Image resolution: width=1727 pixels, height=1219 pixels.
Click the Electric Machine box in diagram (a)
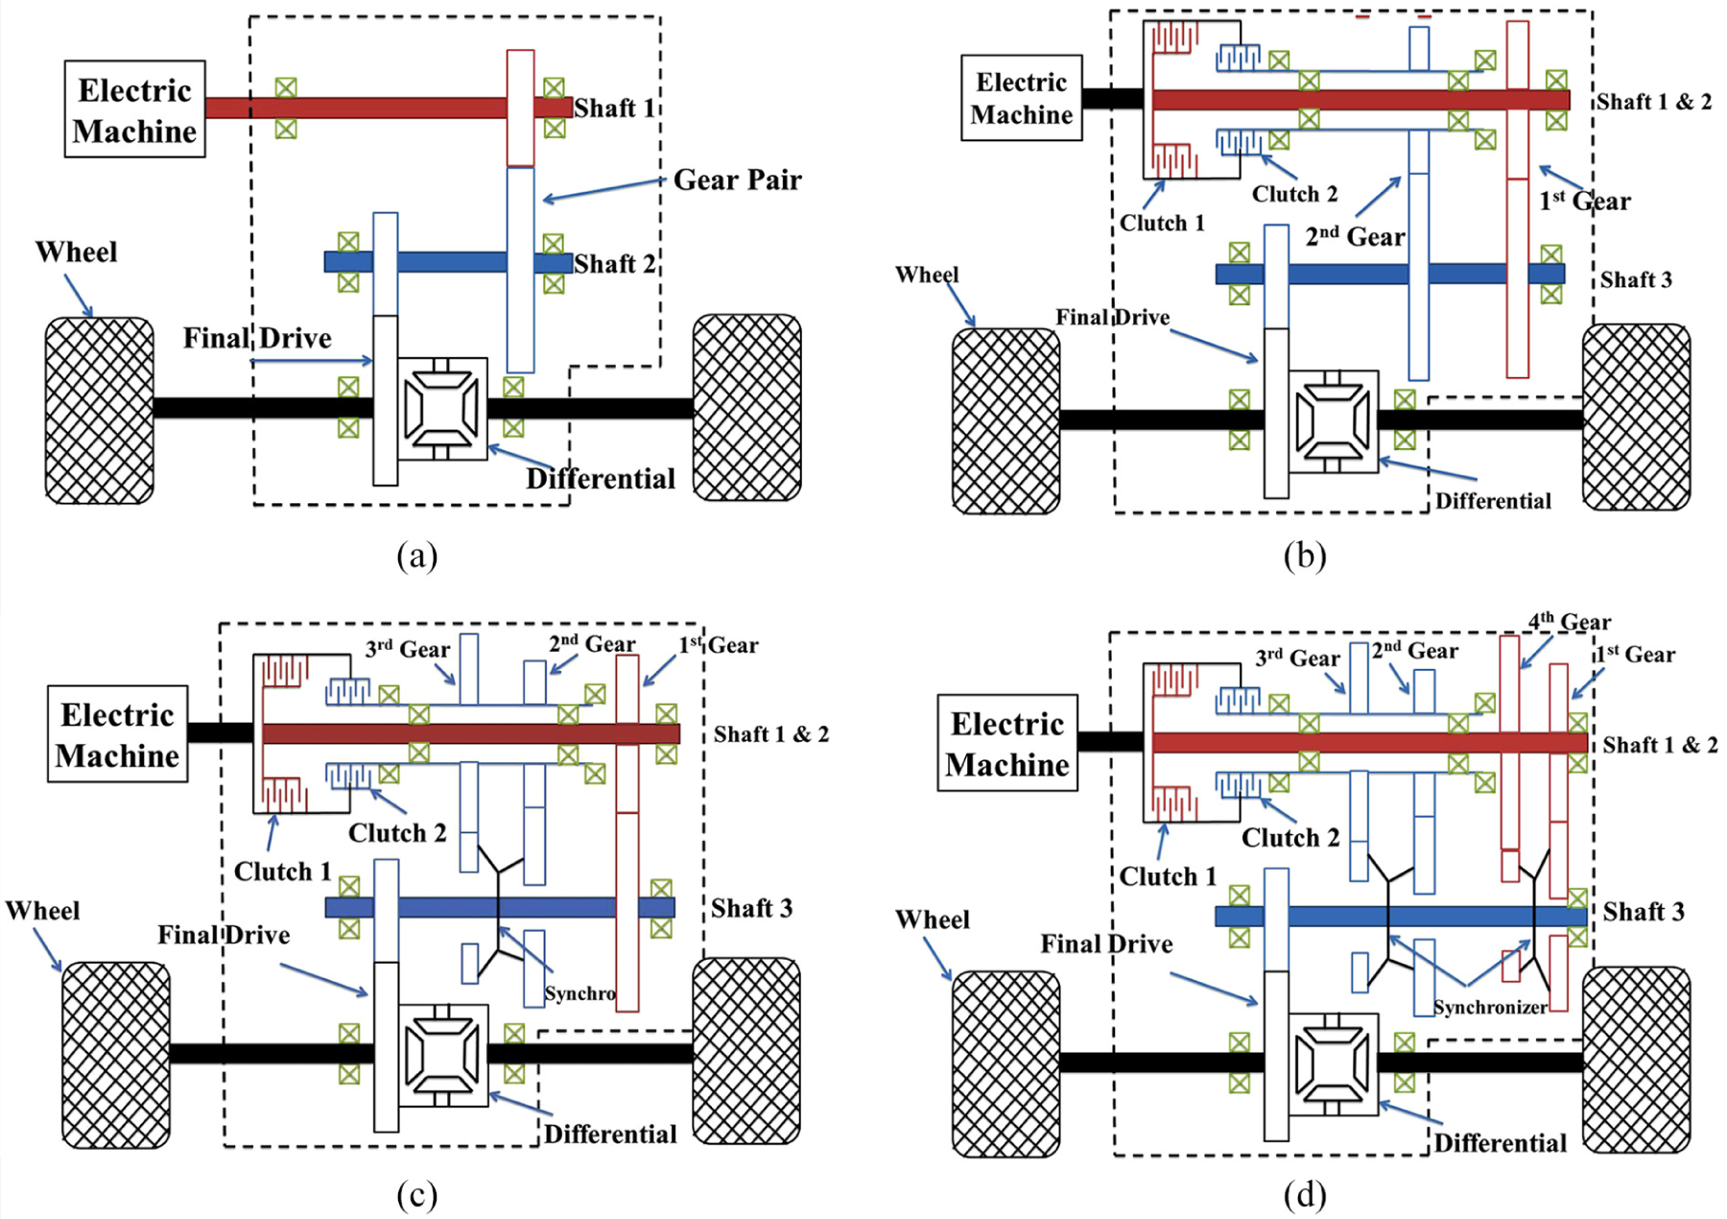coord(135,109)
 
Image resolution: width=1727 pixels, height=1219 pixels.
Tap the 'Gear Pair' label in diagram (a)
coord(737,179)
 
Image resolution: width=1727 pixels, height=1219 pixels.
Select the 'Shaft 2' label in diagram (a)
coord(614,263)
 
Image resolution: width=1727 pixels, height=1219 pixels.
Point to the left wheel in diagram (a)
coord(100,410)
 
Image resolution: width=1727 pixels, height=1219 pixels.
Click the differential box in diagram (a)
coord(441,409)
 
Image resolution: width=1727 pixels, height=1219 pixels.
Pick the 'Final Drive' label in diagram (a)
coord(257,338)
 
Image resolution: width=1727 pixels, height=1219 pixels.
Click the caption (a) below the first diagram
coord(417,556)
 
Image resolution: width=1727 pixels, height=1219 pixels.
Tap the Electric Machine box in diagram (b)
coord(1022,98)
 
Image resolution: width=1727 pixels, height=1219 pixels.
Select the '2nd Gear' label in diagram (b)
coord(1355,236)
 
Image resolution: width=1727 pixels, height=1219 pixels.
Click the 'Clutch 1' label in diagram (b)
coord(1162,223)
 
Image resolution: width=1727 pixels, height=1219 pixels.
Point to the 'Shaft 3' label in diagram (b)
coord(1636,279)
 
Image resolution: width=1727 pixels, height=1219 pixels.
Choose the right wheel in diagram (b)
coord(1636,417)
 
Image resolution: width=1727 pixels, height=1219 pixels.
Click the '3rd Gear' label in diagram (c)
coord(407,649)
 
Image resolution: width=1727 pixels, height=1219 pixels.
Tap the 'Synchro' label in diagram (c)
coord(580,993)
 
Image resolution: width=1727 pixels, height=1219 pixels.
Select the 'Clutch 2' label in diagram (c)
coord(397,832)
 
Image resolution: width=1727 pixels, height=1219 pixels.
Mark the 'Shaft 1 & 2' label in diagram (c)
coord(771,734)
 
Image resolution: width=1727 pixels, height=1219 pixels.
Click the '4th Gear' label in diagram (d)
coord(1570,622)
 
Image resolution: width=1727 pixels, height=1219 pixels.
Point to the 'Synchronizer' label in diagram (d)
coord(1490,1007)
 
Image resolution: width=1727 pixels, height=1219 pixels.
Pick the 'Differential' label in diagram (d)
coord(1501,1143)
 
